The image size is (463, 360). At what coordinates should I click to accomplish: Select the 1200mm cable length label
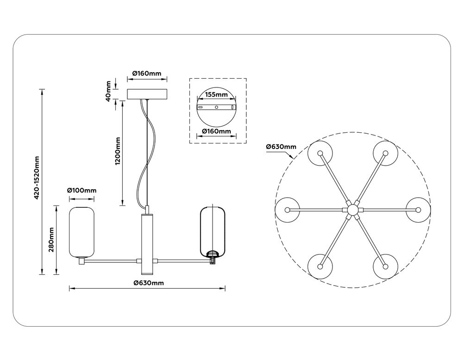[x=118, y=151]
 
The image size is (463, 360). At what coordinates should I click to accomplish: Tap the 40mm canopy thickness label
[x=108, y=91]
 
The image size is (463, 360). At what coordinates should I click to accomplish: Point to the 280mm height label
[x=51, y=240]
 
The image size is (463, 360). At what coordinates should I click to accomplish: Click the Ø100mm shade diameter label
[x=81, y=190]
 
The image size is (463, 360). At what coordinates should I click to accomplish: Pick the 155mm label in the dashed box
[x=216, y=95]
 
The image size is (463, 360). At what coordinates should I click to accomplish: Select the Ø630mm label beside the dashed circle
[x=281, y=147]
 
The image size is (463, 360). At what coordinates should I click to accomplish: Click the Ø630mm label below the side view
[x=148, y=283]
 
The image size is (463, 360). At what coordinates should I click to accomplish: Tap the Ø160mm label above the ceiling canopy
[x=146, y=73]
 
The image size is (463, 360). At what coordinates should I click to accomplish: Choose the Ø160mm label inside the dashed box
[x=216, y=131]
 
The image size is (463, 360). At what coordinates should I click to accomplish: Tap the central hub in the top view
[x=353, y=210]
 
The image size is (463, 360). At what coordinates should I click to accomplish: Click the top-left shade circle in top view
[x=320, y=154]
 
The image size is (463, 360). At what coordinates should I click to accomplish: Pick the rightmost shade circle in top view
[x=418, y=210]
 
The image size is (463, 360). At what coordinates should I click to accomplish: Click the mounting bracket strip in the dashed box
[x=216, y=108]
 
